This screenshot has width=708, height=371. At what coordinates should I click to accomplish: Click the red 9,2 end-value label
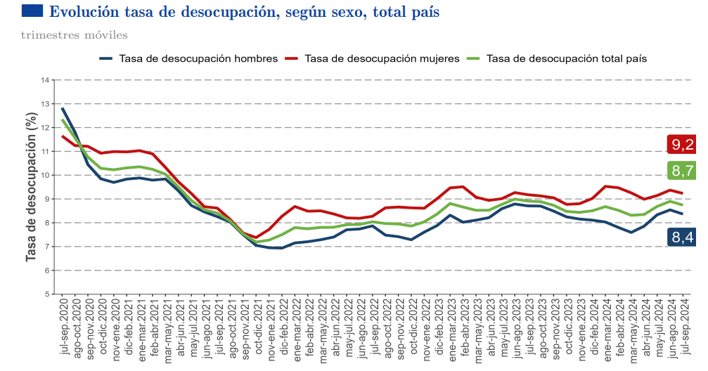coord(681,145)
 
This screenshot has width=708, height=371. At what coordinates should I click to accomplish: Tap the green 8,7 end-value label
coord(681,170)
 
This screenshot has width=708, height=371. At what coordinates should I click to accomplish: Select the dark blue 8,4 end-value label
coord(681,237)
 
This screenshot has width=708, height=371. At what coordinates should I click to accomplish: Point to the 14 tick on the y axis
coord(46,80)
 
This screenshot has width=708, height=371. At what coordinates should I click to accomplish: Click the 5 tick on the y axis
coord(47,294)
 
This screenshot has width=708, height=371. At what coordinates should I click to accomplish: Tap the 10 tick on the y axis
coord(46,175)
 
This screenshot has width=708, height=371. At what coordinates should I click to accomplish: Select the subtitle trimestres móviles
coord(74,35)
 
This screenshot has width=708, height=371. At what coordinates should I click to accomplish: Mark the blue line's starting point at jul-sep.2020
coord(63,108)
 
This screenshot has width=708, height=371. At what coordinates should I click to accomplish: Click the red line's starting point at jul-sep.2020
coord(63,136)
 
